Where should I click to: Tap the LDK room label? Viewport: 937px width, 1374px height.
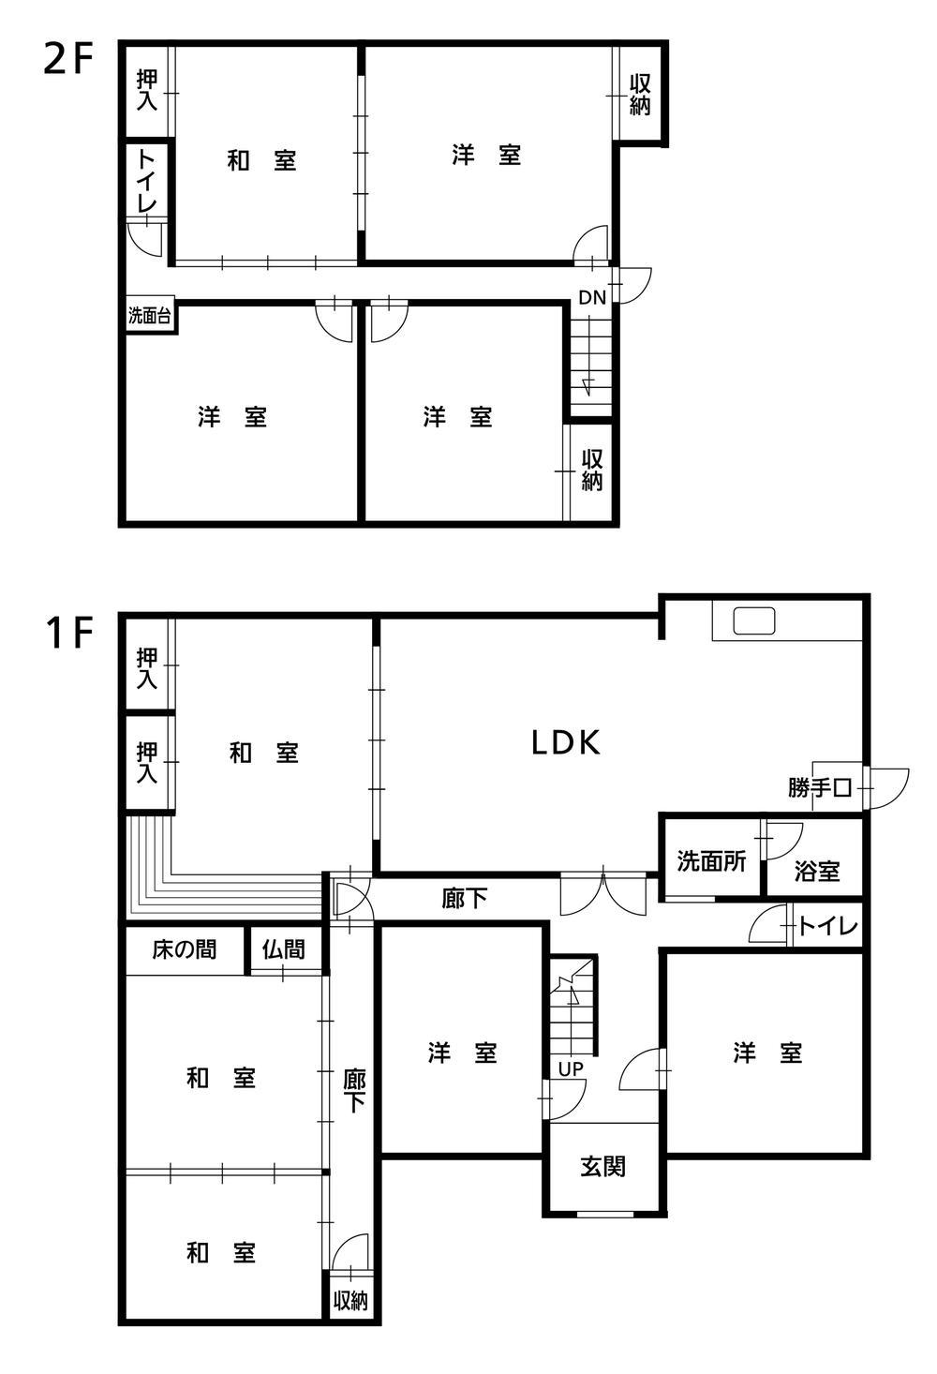coord(565,743)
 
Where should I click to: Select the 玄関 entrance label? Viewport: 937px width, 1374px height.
coord(602,1167)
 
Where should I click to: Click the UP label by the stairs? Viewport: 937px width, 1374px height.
coord(571,1069)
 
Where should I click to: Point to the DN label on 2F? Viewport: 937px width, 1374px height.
coord(591,298)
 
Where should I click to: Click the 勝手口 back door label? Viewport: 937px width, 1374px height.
coord(820,788)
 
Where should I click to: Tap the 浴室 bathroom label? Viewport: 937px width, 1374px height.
coord(816,871)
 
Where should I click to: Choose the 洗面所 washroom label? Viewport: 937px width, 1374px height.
coord(711,861)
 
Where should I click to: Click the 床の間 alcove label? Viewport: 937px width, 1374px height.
coord(185,949)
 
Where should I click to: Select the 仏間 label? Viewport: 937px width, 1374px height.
coord(283,949)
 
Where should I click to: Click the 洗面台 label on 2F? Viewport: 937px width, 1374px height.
coord(150,317)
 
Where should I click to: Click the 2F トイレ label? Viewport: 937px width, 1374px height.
coord(147,181)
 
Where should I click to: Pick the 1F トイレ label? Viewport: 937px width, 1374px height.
coord(827,927)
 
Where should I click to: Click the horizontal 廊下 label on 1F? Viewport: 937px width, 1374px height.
coord(465,899)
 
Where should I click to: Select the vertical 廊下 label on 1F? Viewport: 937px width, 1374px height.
coord(354,1092)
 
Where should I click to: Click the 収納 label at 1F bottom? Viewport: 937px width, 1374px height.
coord(350,1301)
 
